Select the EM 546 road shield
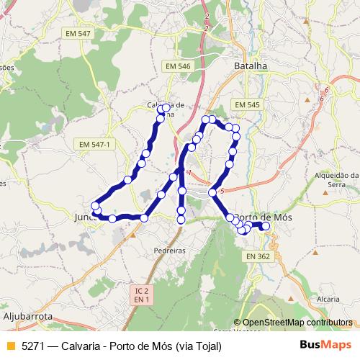click(177, 66)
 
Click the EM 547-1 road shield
click(95, 144)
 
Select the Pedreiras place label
click(171, 251)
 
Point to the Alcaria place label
click(328, 297)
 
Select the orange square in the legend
click(10, 346)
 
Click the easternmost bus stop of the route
click(266, 226)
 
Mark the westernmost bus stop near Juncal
click(95, 205)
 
